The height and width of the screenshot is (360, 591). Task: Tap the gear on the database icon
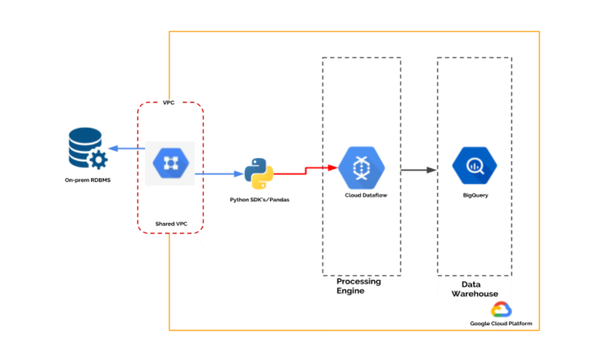click(98, 160)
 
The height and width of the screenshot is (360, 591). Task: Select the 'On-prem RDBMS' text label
click(88, 179)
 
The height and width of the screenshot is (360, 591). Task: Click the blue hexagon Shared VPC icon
click(171, 163)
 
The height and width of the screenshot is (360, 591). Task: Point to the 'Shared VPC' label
click(171, 224)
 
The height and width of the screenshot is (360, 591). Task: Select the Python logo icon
click(259, 174)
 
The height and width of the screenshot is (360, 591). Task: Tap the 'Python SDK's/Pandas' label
click(259, 199)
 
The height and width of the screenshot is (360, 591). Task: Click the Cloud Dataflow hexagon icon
click(361, 168)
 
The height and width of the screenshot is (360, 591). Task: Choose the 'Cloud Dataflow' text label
click(366, 195)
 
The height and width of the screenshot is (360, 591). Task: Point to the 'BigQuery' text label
click(475, 195)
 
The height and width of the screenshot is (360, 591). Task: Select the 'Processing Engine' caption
click(359, 286)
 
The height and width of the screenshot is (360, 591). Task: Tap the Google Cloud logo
click(501, 310)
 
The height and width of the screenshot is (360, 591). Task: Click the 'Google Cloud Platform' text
click(501, 323)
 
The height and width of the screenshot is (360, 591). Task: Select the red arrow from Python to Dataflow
click(305, 170)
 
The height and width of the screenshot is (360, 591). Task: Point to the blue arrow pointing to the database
click(127, 148)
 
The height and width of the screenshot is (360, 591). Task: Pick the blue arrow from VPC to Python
click(219, 174)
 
